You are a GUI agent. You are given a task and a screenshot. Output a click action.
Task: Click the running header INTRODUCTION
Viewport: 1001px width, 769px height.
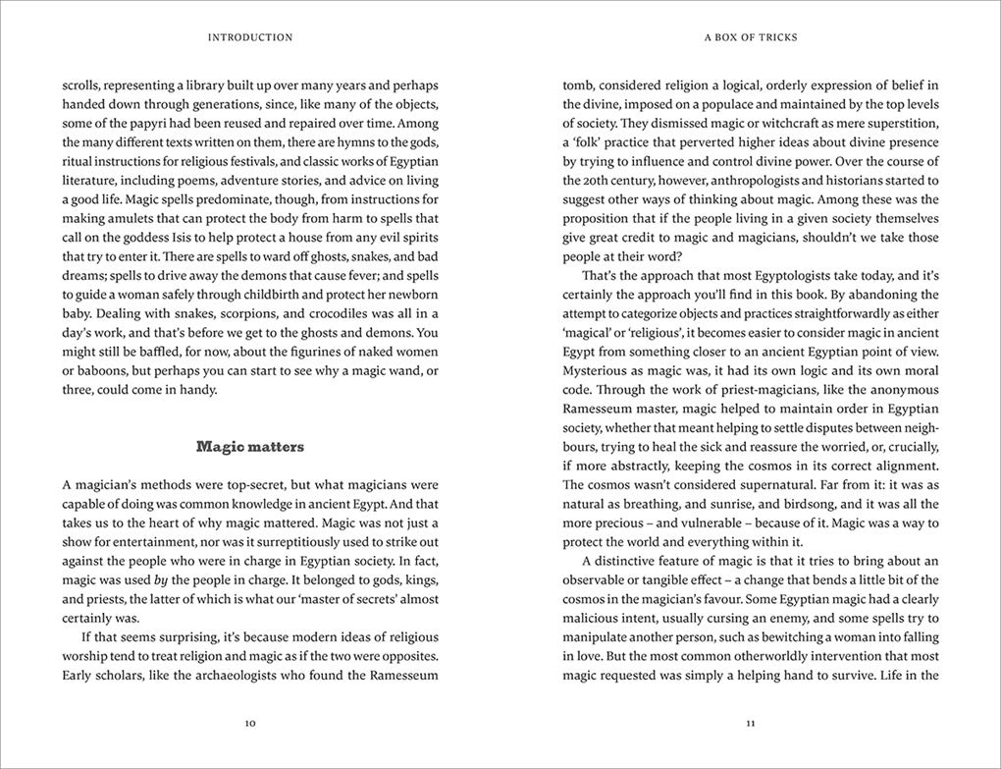tap(250, 37)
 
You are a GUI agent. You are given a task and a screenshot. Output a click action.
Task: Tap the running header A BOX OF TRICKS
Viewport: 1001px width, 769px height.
tap(751, 37)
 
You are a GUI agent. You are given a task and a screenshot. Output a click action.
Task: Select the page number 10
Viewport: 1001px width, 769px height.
tap(250, 723)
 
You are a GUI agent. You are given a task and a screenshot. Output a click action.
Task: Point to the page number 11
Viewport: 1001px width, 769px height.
tap(751, 723)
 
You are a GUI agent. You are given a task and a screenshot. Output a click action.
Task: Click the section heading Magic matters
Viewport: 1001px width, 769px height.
tap(250, 447)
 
